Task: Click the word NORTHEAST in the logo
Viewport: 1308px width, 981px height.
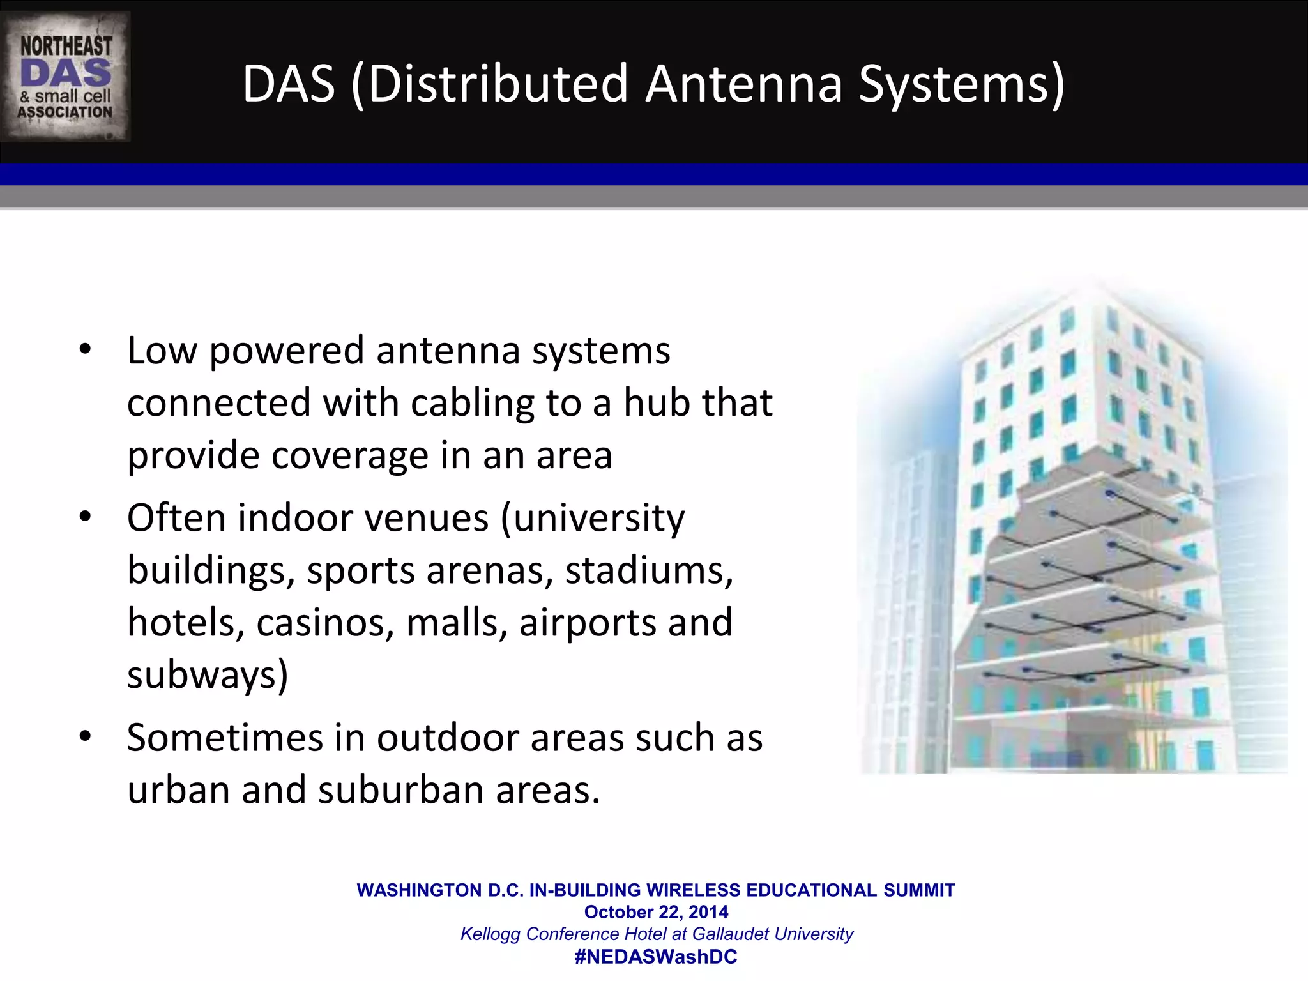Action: [66, 47]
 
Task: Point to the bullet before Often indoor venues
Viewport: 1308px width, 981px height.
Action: [86, 517]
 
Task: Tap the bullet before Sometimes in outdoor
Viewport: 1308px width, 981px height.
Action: [86, 738]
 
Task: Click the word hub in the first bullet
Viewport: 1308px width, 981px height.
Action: [656, 403]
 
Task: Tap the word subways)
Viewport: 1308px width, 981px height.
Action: [208, 676]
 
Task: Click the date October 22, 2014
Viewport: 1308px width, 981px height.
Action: [656, 912]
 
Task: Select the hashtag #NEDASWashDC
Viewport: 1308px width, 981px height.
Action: [656, 957]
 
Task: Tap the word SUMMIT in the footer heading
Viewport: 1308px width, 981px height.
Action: [919, 890]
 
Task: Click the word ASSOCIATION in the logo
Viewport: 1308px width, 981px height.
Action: [65, 112]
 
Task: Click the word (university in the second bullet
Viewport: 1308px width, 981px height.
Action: [592, 519]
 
